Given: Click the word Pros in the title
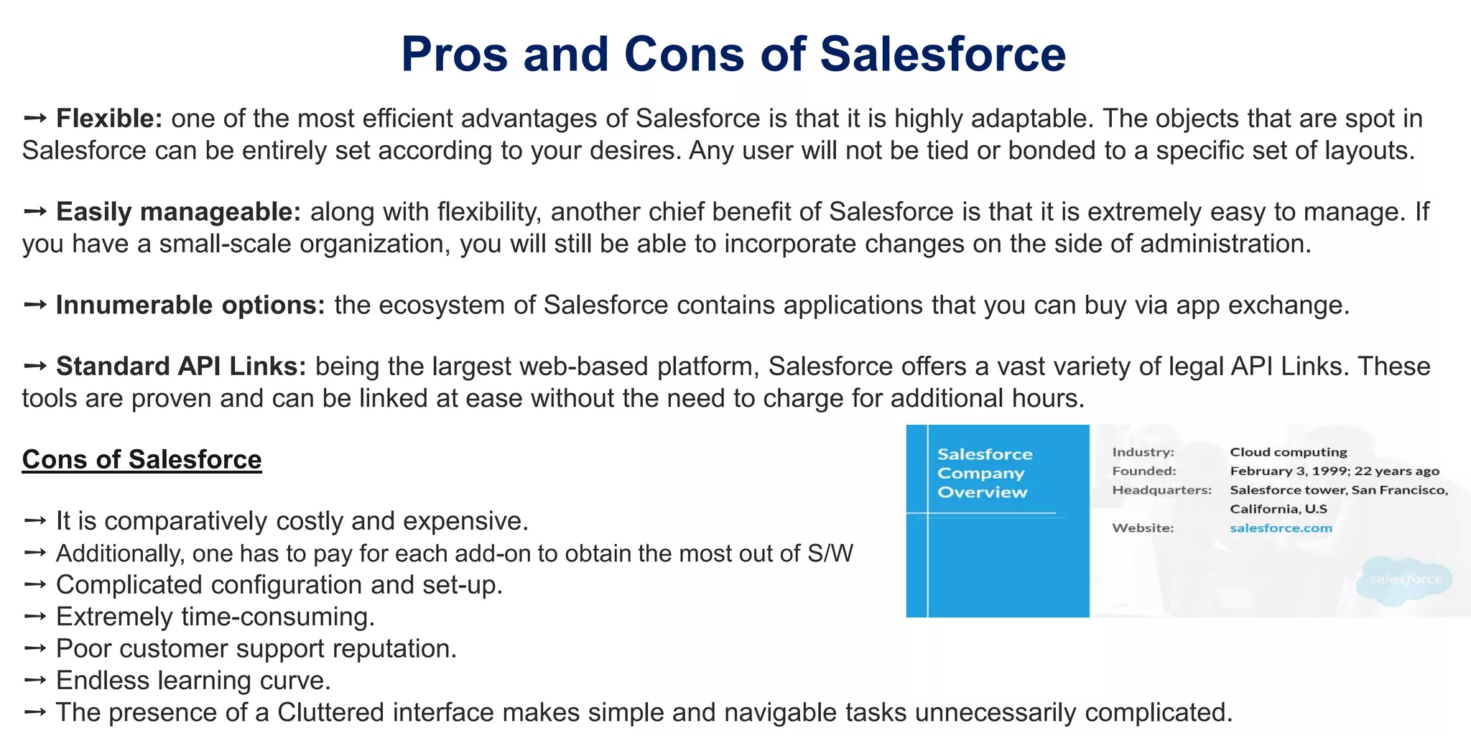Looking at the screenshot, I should click(453, 55).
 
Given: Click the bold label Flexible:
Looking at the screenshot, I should click(109, 119).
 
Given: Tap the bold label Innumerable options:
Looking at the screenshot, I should click(190, 305).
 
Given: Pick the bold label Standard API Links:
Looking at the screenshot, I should click(181, 367).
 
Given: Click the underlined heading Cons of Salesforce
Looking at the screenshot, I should click(141, 459).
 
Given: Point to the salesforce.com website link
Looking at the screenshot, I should click(1281, 528).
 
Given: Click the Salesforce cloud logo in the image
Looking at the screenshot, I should click(1404, 579).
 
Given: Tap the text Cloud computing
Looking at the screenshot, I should click(1288, 452).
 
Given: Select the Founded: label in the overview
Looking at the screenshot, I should click(1144, 471).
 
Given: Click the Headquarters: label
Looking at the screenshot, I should click(1161, 490).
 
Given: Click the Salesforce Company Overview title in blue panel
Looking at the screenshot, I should click(984, 473).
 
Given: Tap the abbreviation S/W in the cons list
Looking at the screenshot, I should click(830, 553).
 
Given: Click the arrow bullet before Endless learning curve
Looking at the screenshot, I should click(34, 680).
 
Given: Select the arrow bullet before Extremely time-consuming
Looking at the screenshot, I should click(34, 617).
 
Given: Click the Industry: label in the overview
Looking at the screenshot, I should click(1143, 452).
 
